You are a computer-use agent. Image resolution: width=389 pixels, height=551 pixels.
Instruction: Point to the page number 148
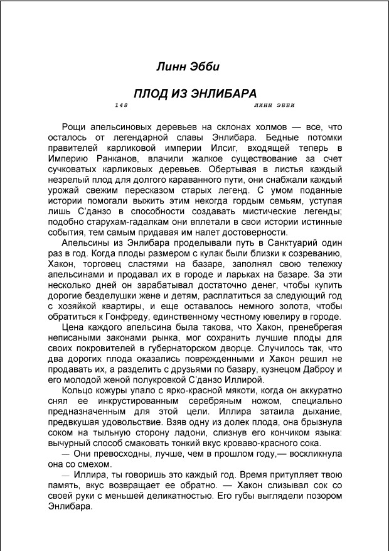[122, 105]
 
